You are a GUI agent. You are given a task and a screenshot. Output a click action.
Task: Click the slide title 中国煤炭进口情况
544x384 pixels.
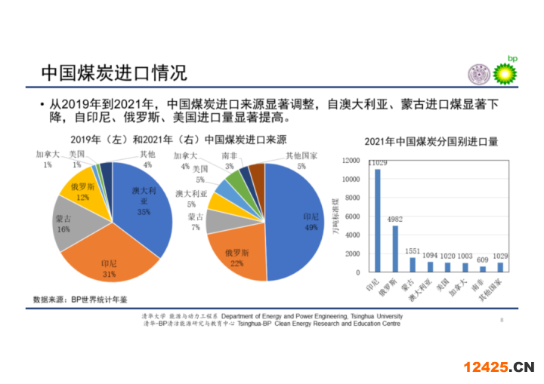click(114, 73)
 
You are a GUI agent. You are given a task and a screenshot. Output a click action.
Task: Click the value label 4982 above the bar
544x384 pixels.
click(395, 219)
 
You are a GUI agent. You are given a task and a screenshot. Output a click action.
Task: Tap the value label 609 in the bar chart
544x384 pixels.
click(482, 260)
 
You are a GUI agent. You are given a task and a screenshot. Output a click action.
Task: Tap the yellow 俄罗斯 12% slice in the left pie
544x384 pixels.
click(83, 192)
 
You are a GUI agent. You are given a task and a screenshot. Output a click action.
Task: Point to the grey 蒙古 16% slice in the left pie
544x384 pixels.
click(67, 224)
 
